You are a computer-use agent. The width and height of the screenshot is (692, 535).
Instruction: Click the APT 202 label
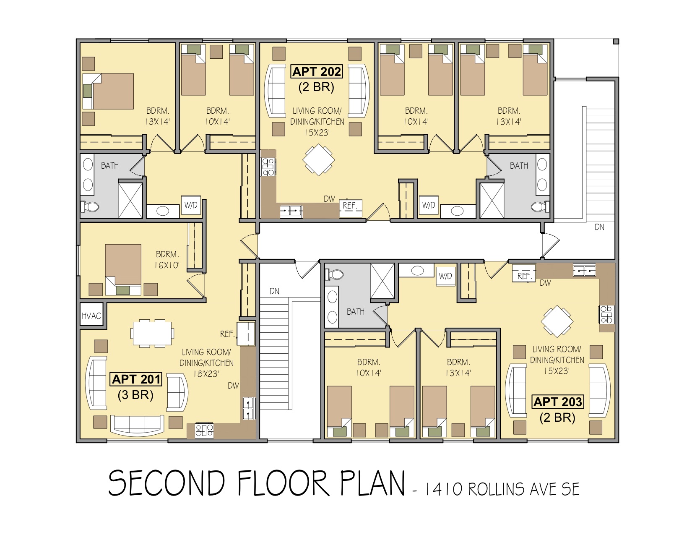point(317,71)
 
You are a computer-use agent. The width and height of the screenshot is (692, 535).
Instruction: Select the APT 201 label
point(136,379)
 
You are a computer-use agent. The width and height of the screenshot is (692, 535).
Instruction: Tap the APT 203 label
point(558,402)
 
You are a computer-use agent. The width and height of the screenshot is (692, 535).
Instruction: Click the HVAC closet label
point(91,316)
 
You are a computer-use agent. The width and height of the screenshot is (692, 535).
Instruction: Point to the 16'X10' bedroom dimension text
point(167,265)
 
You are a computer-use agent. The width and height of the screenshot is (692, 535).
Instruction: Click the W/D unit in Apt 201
point(191,205)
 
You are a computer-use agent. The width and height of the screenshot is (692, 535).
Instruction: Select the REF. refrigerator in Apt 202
point(350,208)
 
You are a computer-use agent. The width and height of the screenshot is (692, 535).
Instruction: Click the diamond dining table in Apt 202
point(318,159)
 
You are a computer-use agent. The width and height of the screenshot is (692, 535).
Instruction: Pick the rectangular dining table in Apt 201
point(152,333)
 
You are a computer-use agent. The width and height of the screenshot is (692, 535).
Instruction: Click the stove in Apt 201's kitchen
point(204,430)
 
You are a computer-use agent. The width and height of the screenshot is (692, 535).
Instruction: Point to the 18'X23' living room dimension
point(206,373)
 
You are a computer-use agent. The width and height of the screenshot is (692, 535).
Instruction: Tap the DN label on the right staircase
point(599,227)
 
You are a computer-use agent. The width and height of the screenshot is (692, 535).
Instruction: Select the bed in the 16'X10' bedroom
point(123,269)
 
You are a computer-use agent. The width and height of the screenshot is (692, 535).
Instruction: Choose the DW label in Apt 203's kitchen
point(545,283)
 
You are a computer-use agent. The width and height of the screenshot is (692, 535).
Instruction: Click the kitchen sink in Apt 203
point(584,271)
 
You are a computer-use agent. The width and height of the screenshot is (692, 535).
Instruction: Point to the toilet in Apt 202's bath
point(540,207)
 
